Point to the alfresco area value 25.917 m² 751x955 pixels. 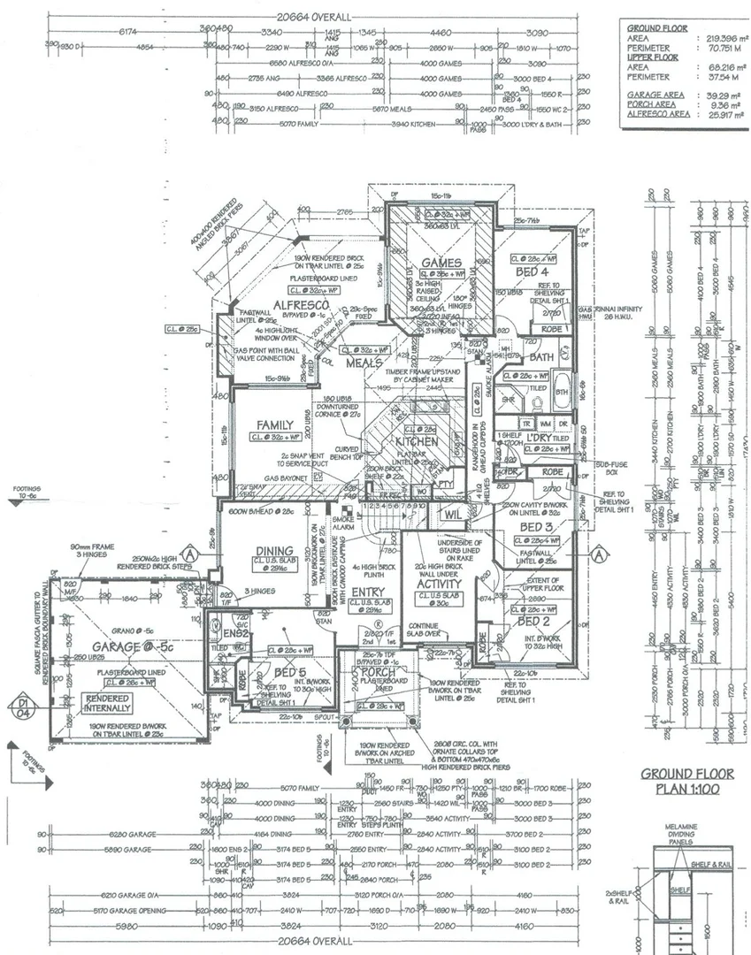click(x=723, y=114)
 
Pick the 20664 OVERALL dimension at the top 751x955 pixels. click(x=314, y=17)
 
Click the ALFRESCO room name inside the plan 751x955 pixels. click(x=302, y=306)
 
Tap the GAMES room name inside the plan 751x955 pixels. click(x=440, y=263)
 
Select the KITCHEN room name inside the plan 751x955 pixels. click(x=417, y=440)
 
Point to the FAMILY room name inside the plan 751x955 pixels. click(x=275, y=424)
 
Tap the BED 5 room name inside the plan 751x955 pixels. click(x=289, y=674)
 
